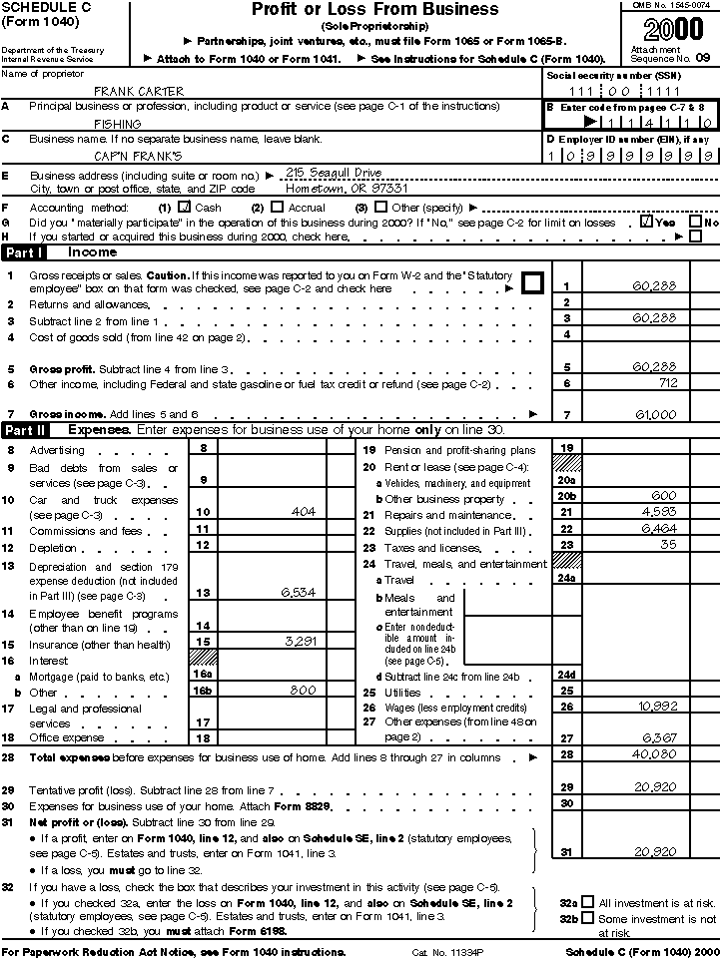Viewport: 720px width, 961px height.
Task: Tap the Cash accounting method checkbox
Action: coord(184,207)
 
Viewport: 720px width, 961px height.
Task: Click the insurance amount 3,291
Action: coord(299,642)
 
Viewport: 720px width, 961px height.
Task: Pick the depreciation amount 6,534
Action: coord(299,593)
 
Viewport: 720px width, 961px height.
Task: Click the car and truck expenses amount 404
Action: coord(303,511)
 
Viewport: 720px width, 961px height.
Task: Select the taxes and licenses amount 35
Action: coord(667,544)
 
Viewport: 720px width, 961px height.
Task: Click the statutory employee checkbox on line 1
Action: coord(532,282)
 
